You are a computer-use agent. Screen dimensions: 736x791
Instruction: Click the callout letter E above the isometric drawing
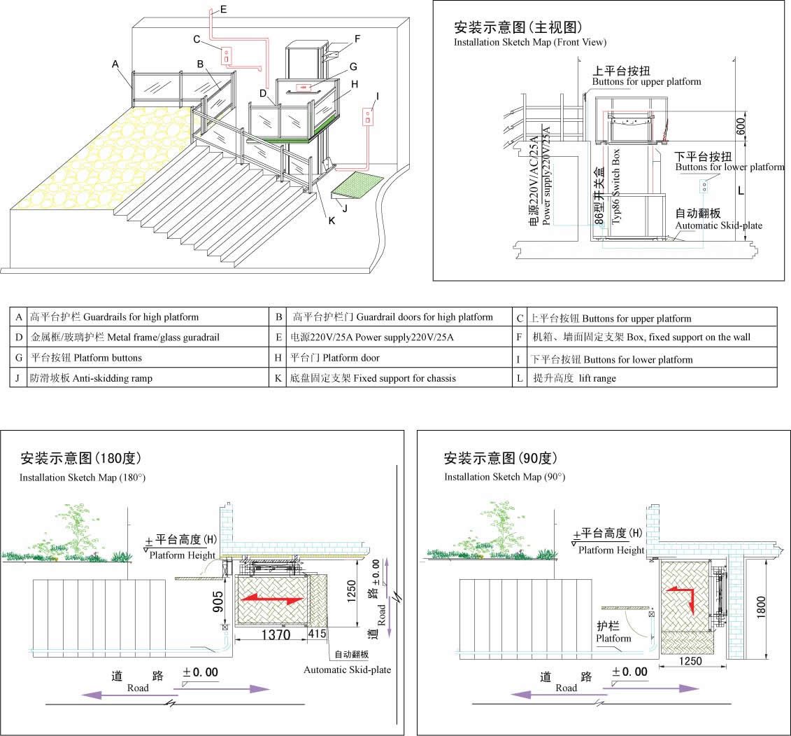coord(223,9)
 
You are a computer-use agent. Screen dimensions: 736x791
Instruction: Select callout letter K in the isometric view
coord(332,222)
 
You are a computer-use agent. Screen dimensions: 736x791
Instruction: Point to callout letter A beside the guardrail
coord(115,64)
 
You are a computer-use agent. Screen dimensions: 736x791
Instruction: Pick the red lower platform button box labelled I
coord(366,116)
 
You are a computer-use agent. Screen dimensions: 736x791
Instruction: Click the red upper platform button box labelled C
coord(227,55)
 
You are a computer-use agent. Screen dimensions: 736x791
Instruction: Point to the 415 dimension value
coord(317,634)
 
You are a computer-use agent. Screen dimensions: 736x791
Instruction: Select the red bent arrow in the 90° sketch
coord(682,597)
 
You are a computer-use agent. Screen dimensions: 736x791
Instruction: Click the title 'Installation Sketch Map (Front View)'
coord(530,42)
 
